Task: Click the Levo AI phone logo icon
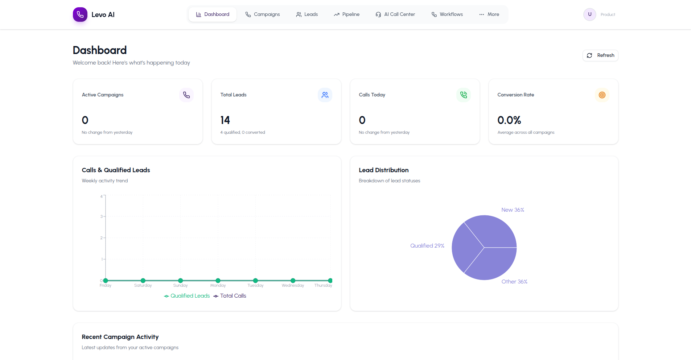[x=80, y=15]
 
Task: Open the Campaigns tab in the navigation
[x=263, y=15]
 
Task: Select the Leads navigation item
[x=307, y=15]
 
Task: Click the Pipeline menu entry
[x=346, y=15]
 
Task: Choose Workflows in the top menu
[x=447, y=15]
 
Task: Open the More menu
[x=489, y=15]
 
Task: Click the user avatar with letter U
[x=589, y=15]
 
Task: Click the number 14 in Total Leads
[x=225, y=120]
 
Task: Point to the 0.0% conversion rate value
[x=509, y=120]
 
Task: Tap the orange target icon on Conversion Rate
[x=602, y=95]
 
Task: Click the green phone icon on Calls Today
[x=463, y=95]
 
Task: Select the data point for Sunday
[x=181, y=281]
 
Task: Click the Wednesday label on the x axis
[x=293, y=286]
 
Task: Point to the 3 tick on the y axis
[x=102, y=216]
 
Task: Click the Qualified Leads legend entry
[x=187, y=296]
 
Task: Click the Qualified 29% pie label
[x=427, y=246]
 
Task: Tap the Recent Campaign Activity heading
[x=120, y=337]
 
